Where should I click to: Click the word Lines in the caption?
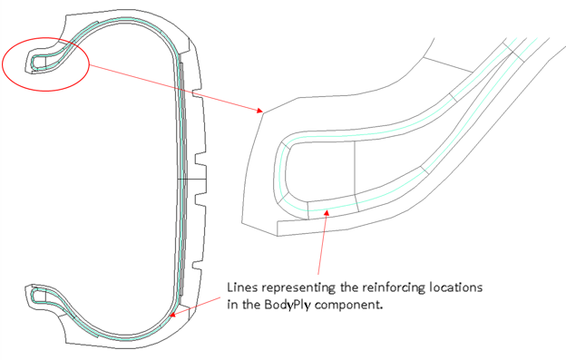click(x=240, y=288)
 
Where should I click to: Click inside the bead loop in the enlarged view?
click(x=317, y=172)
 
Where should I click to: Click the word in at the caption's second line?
click(x=230, y=306)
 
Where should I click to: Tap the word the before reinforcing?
click(x=347, y=288)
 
